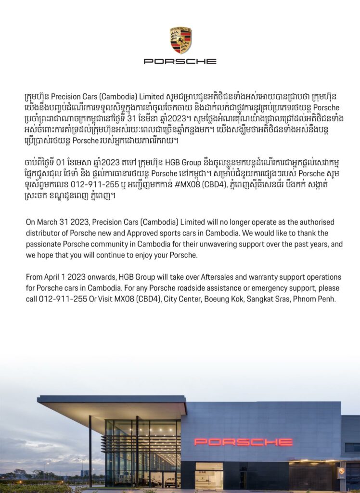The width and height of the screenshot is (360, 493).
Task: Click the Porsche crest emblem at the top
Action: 180,40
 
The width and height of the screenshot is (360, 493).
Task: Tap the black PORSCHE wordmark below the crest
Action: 180,62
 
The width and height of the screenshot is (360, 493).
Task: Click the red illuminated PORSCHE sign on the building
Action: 243,441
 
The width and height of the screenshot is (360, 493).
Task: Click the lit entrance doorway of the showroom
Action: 209,477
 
